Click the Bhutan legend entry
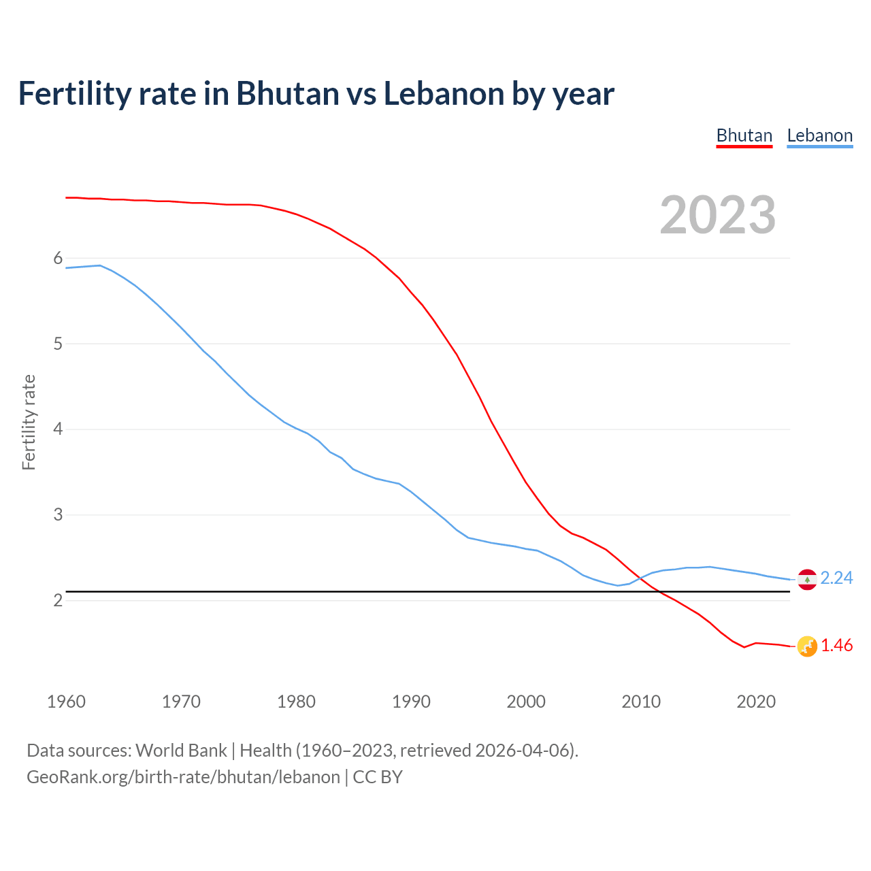tap(744, 135)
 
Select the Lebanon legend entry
tap(819, 135)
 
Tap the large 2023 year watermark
tap(718, 215)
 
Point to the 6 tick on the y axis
tap(58, 258)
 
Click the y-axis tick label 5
tap(58, 344)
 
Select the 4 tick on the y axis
tap(58, 429)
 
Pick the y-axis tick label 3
tap(58, 514)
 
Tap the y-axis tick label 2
tap(58, 600)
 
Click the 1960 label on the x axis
tap(66, 702)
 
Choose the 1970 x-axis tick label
tap(181, 702)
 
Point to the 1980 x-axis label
tap(296, 702)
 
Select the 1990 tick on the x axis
tap(411, 702)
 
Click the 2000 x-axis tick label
tap(526, 702)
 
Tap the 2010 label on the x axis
tap(641, 702)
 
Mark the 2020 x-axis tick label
tap(756, 702)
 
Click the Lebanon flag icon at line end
tap(807, 579)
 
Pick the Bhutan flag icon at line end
tap(807, 646)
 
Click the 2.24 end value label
tap(836, 578)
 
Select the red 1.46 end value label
tap(836, 646)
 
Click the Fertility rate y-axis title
tap(29, 422)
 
